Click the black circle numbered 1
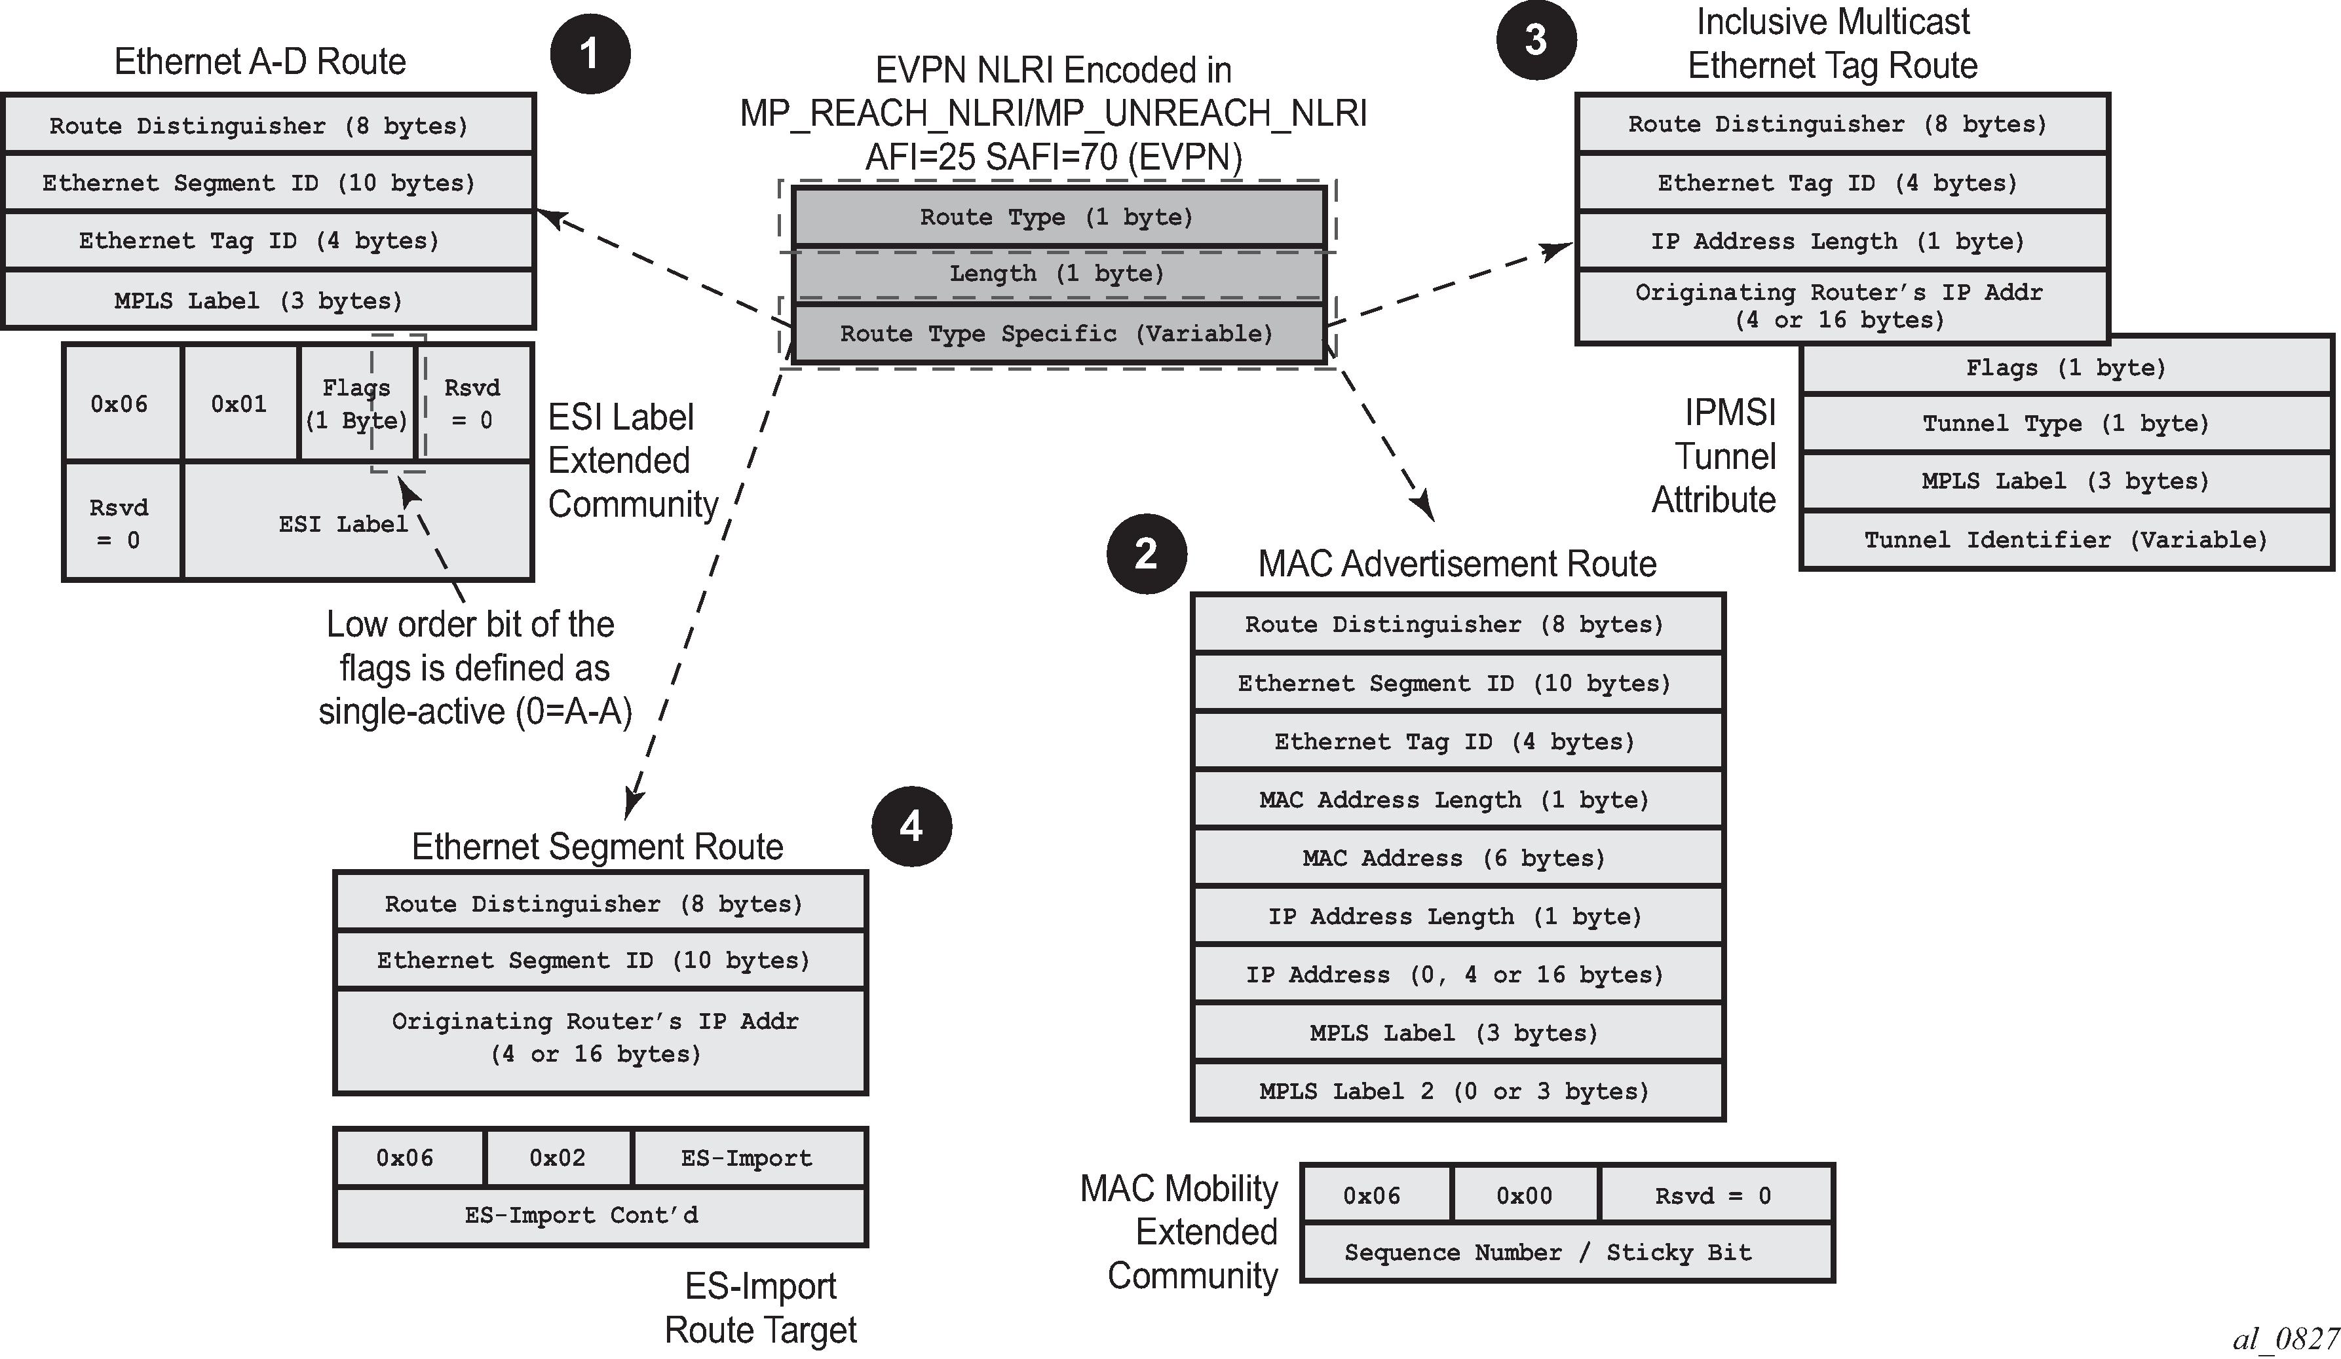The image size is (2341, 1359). click(590, 54)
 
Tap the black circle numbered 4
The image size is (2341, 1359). click(911, 826)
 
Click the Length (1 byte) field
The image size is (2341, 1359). click(1057, 274)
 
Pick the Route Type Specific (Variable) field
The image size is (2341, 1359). click(1057, 333)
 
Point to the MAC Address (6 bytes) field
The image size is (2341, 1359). click(1456, 857)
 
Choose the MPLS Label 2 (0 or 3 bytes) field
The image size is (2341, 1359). click(1456, 1092)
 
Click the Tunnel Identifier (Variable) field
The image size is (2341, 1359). click(2066, 540)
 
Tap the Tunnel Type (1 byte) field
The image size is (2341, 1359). click(2066, 424)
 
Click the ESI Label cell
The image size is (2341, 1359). click(344, 524)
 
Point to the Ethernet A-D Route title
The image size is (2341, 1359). click(260, 62)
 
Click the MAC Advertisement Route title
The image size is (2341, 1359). click(1456, 564)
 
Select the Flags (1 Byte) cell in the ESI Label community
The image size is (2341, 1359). click(356, 404)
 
